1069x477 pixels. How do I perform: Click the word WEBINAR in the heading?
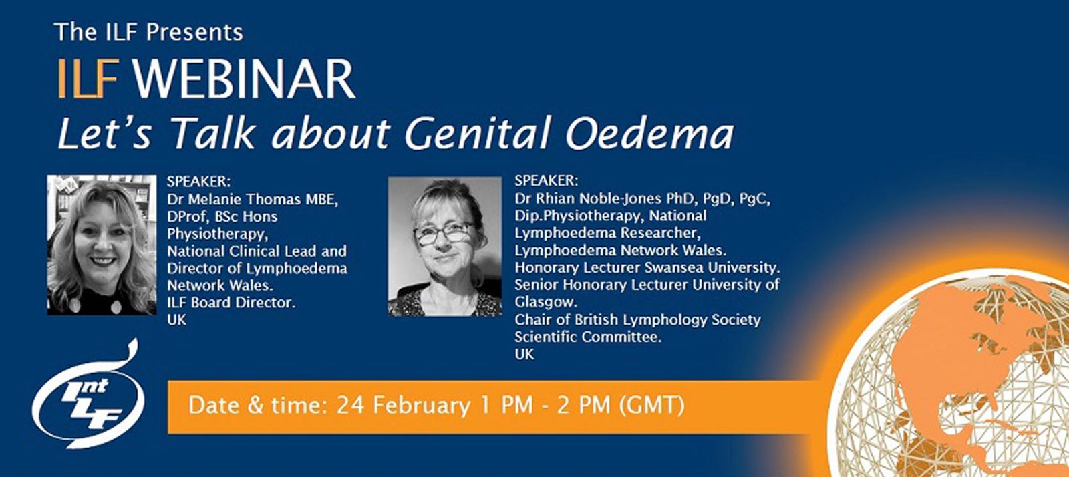tap(244, 79)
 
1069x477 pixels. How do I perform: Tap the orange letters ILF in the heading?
tap(88, 79)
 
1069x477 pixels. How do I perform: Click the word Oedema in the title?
tap(649, 133)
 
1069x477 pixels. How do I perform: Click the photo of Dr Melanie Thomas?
tap(102, 245)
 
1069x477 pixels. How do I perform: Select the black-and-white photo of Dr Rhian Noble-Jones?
tap(445, 247)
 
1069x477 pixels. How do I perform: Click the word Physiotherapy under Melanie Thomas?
tap(216, 234)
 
